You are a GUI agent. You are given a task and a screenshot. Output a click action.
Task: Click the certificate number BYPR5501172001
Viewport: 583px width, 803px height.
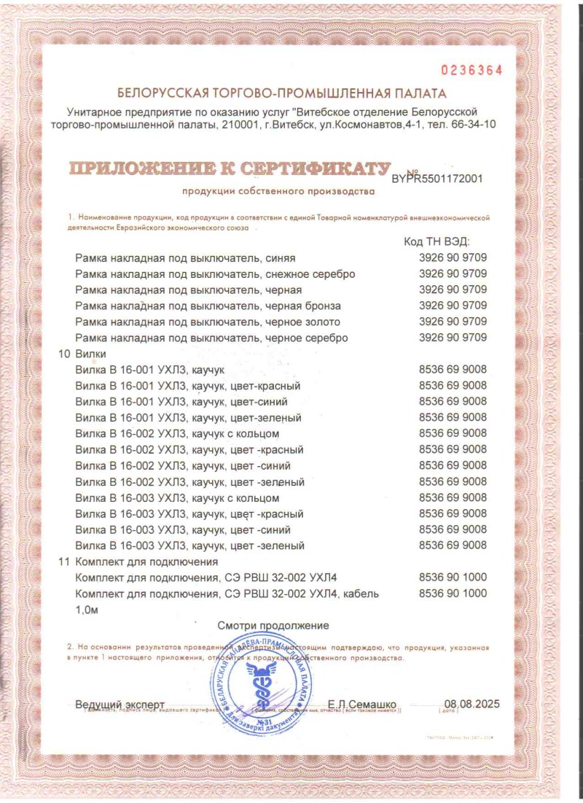pyautogui.click(x=437, y=177)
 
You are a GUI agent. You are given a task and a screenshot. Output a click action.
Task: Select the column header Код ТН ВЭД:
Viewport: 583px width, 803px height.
pyautogui.click(x=437, y=241)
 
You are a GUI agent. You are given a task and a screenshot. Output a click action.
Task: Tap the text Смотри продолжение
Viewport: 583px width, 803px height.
pyautogui.click(x=273, y=625)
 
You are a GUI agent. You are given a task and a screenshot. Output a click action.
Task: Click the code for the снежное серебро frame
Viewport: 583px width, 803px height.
pyautogui.click(x=453, y=274)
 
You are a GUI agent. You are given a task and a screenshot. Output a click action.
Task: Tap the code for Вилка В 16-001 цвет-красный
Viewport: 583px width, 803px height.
pyautogui.click(x=453, y=386)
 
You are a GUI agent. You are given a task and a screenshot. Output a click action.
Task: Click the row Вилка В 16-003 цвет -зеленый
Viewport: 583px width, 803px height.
pyautogui.click(x=189, y=546)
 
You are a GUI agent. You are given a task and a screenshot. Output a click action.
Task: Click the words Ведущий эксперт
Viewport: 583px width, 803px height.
pyautogui.click(x=120, y=704)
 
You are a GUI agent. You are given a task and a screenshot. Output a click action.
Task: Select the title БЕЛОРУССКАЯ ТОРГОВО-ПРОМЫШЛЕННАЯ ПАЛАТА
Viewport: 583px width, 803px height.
pyautogui.click(x=281, y=93)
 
